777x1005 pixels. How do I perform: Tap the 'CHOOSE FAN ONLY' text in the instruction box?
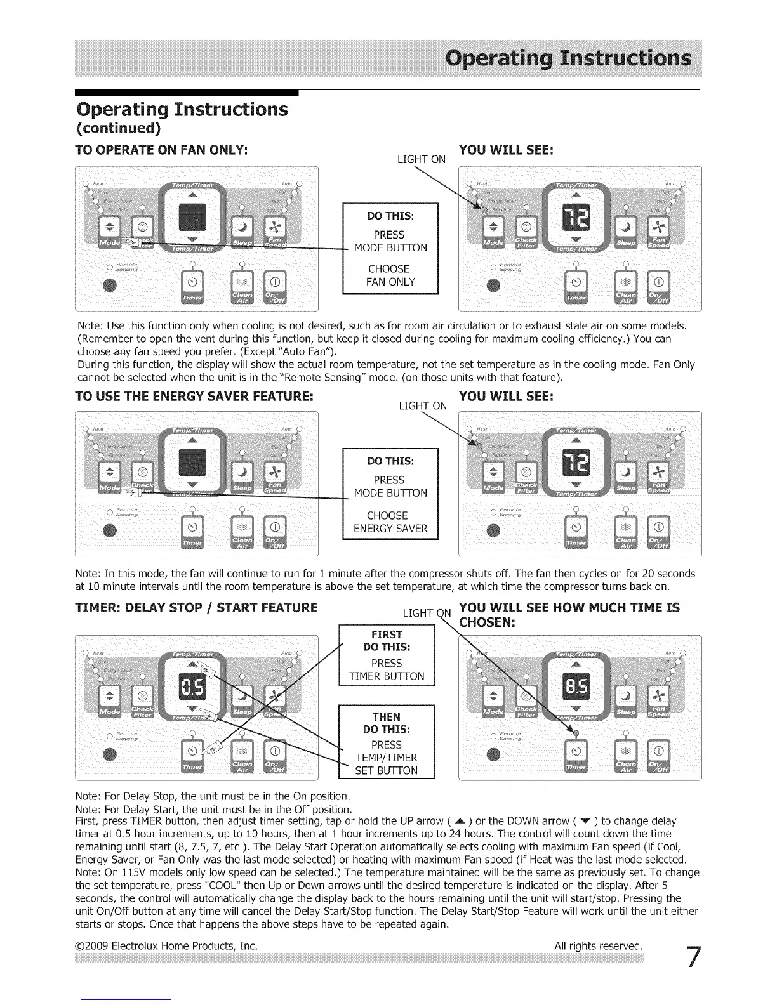[390, 275]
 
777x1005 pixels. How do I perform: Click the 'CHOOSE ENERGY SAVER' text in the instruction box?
[390, 522]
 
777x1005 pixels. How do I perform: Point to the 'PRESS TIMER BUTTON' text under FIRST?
[387, 669]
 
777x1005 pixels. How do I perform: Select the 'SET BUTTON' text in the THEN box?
[386, 771]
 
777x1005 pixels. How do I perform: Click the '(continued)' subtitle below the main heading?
[118, 128]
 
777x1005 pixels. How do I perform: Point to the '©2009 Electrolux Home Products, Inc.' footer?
[166, 945]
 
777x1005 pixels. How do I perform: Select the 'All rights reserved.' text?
[598, 945]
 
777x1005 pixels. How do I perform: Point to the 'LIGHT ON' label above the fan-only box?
[421, 159]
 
